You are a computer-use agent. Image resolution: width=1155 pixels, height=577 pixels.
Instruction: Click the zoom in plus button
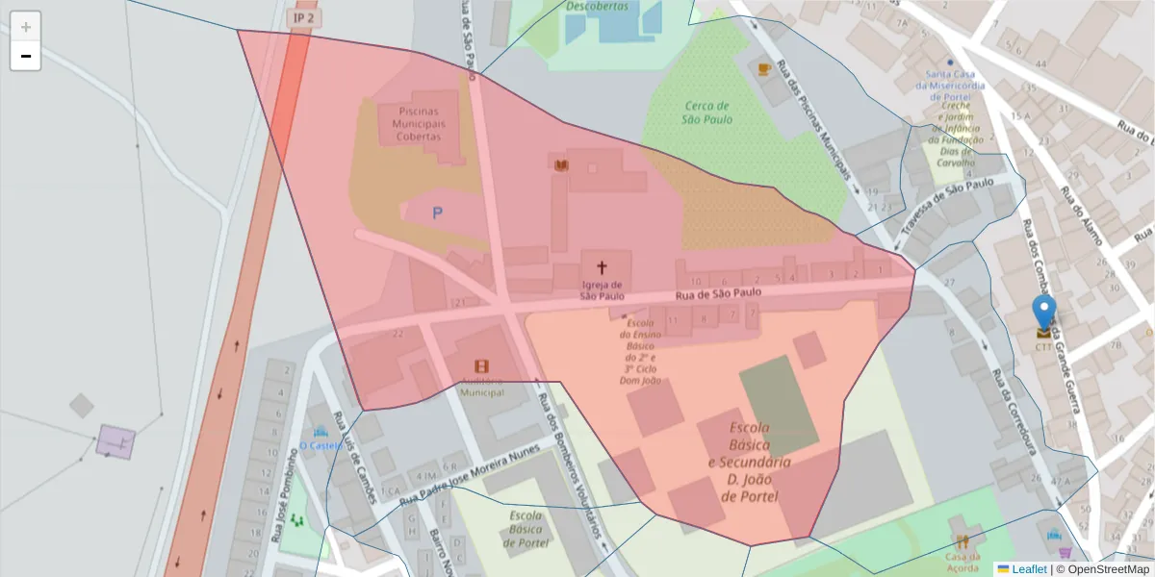click(26, 27)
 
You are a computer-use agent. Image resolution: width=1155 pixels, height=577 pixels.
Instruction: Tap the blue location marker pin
click(1043, 314)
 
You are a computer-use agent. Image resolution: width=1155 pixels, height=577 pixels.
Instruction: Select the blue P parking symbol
click(437, 213)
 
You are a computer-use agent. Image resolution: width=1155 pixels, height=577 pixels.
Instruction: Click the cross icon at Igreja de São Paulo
click(603, 267)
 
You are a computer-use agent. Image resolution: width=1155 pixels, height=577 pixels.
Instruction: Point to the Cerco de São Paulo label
click(706, 113)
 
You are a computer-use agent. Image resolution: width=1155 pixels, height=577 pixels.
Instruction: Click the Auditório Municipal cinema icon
click(481, 366)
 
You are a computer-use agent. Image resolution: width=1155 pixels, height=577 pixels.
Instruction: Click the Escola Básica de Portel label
click(526, 529)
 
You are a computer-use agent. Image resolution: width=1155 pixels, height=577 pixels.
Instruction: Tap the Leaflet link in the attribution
click(1029, 569)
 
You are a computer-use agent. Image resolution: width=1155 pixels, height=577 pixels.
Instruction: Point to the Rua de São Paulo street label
click(717, 292)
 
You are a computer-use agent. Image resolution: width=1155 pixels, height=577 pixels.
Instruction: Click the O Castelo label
click(321, 445)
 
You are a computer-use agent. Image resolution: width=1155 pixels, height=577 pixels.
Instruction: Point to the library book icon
click(561, 165)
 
